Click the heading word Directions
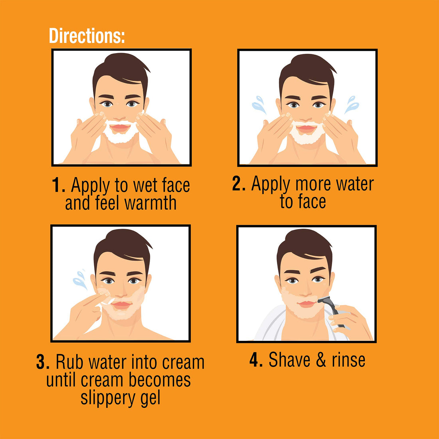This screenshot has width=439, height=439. (87, 36)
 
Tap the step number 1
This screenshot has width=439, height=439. (58, 186)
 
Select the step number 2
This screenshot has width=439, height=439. (239, 184)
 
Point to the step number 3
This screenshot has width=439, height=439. (43, 362)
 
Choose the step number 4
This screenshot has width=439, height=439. (256, 360)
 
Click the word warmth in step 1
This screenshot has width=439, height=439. (150, 203)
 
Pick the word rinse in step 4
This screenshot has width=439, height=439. (348, 360)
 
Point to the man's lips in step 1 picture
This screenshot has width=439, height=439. (120, 128)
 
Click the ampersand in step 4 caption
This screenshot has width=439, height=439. (321, 360)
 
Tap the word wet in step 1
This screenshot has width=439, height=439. (145, 186)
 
